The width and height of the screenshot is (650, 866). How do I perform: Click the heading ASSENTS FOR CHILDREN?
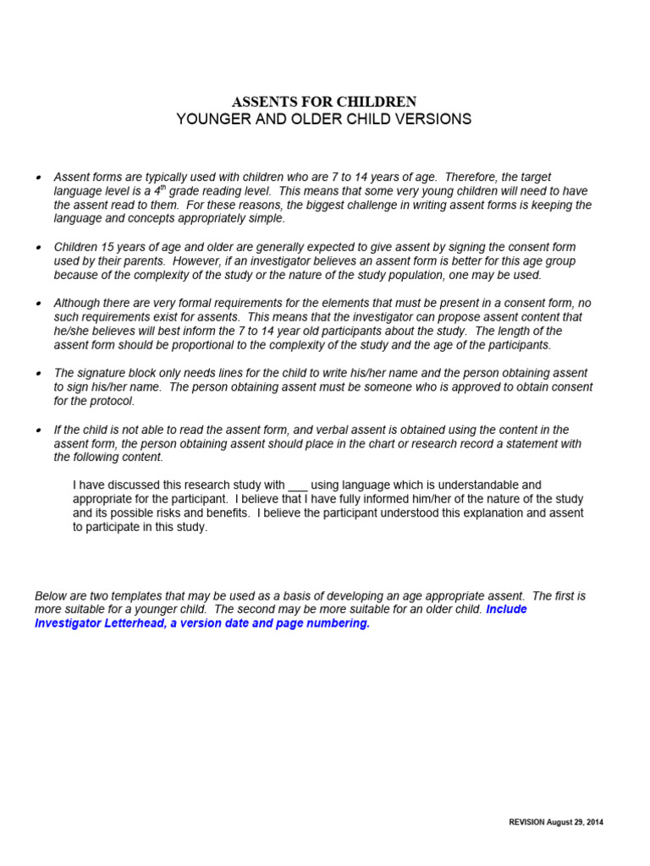point(324,101)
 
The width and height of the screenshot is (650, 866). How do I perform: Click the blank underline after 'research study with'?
point(298,485)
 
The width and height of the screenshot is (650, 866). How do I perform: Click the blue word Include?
point(506,610)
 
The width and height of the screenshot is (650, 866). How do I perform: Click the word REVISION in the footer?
point(528,822)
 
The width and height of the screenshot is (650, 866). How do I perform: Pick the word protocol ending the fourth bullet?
point(92,402)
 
